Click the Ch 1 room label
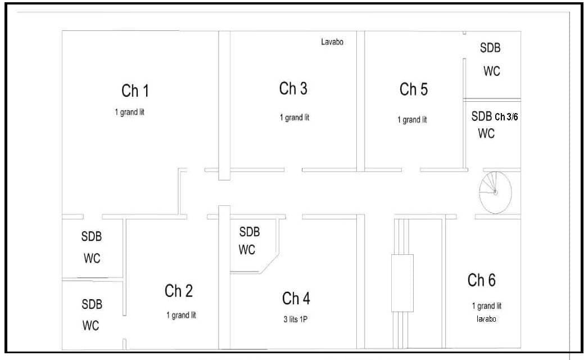pyautogui.click(x=135, y=91)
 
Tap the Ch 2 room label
pyautogui.click(x=179, y=291)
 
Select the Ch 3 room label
pyautogui.click(x=293, y=89)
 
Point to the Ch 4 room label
pyautogui.click(x=296, y=299)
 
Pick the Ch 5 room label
pyautogui.click(x=414, y=89)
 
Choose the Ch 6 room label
pyautogui.click(x=482, y=280)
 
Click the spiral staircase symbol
pyautogui.click(x=495, y=192)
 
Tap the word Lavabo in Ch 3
pyautogui.click(x=332, y=42)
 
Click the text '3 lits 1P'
pyautogui.click(x=295, y=319)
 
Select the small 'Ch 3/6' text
pyautogui.click(x=506, y=117)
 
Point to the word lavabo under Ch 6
pyautogui.click(x=486, y=318)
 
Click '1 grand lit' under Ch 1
pyautogui.click(x=130, y=112)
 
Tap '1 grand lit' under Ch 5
pyautogui.click(x=412, y=120)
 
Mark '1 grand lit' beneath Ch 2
pyautogui.click(x=181, y=315)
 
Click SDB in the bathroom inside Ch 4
pyautogui.click(x=250, y=232)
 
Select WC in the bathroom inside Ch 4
pyautogui.click(x=247, y=250)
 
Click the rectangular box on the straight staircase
pyautogui.click(x=402, y=283)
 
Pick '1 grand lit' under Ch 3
pyautogui.click(x=295, y=118)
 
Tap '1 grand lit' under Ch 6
pyautogui.click(x=486, y=307)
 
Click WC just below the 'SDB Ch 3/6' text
pyautogui.click(x=486, y=133)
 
